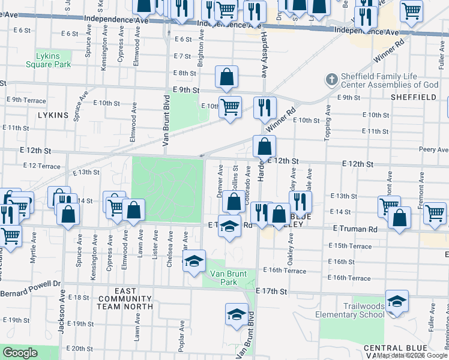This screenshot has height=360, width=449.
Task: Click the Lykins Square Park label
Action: click(53, 60)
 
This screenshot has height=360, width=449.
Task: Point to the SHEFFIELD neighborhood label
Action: click(413, 97)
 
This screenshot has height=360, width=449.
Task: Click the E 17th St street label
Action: click(271, 291)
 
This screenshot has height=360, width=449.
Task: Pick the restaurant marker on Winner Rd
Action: click(265, 107)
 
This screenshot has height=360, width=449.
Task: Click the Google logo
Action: click(20, 353)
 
